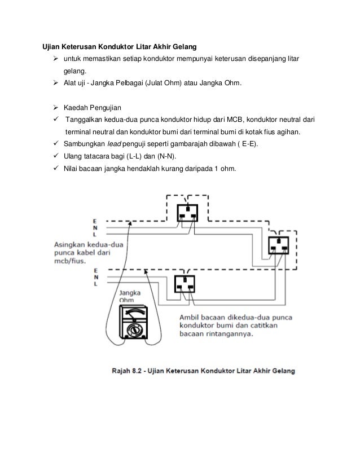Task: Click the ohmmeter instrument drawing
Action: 133,322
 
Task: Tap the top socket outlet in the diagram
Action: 187,213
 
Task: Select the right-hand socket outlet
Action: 279,245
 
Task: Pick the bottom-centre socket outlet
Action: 185,284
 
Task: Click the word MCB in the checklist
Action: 235,120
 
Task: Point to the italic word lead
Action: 114,144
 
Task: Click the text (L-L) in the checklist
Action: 134,156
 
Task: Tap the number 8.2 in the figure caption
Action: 137,371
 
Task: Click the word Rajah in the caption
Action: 121,371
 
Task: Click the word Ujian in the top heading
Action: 51,47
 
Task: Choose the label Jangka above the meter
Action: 130,293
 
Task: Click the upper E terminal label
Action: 95,221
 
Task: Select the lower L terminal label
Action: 96,284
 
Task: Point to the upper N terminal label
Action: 95,228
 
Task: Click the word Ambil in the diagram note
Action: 189,318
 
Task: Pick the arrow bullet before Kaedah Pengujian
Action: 56,107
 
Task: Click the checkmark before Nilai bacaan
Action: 56,168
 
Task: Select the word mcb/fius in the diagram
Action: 70,261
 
